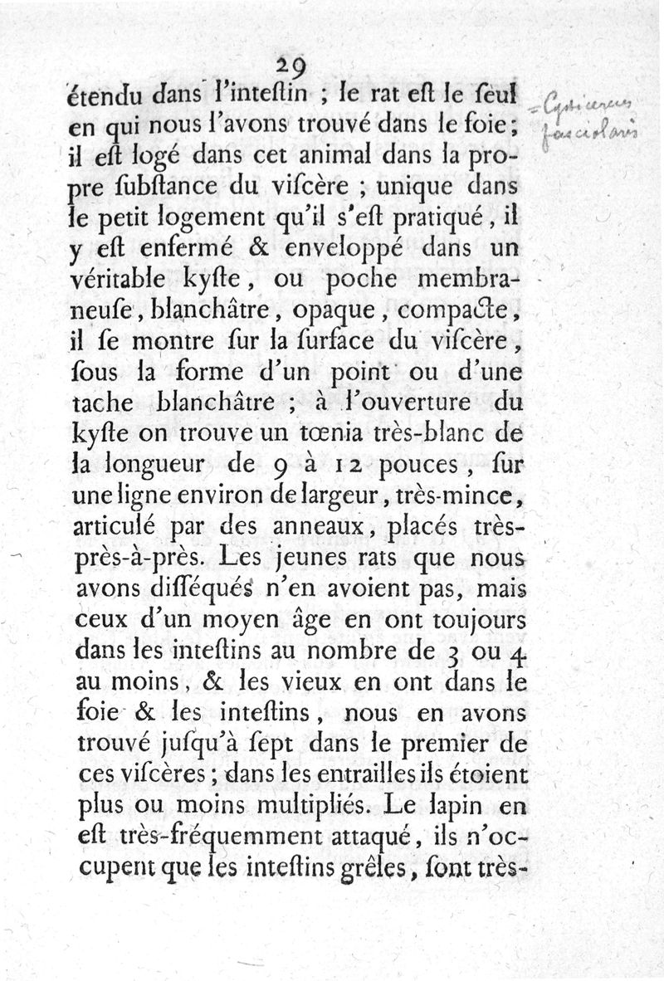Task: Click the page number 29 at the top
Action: [292, 64]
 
